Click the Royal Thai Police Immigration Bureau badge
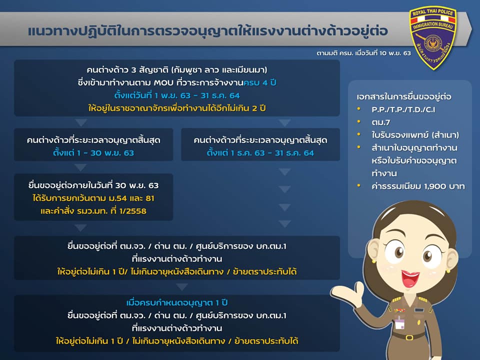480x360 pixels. (x=432, y=37)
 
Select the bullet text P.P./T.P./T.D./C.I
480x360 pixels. (x=403, y=109)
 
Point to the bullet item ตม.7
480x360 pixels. (x=381, y=122)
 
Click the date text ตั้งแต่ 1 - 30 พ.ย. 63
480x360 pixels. (x=93, y=153)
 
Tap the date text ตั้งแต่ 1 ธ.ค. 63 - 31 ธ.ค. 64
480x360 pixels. (x=260, y=153)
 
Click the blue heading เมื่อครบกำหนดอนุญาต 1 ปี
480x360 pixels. (x=177, y=302)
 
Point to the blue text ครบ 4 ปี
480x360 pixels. (x=260, y=82)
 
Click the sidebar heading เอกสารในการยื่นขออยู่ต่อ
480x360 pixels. (x=404, y=96)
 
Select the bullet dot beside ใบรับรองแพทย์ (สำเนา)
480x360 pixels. (x=359, y=134)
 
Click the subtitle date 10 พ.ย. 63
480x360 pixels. (x=395, y=53)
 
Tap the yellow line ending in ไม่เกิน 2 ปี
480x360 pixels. (x=177, y=108)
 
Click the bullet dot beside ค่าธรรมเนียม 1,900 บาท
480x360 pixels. (x=359, y=185)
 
